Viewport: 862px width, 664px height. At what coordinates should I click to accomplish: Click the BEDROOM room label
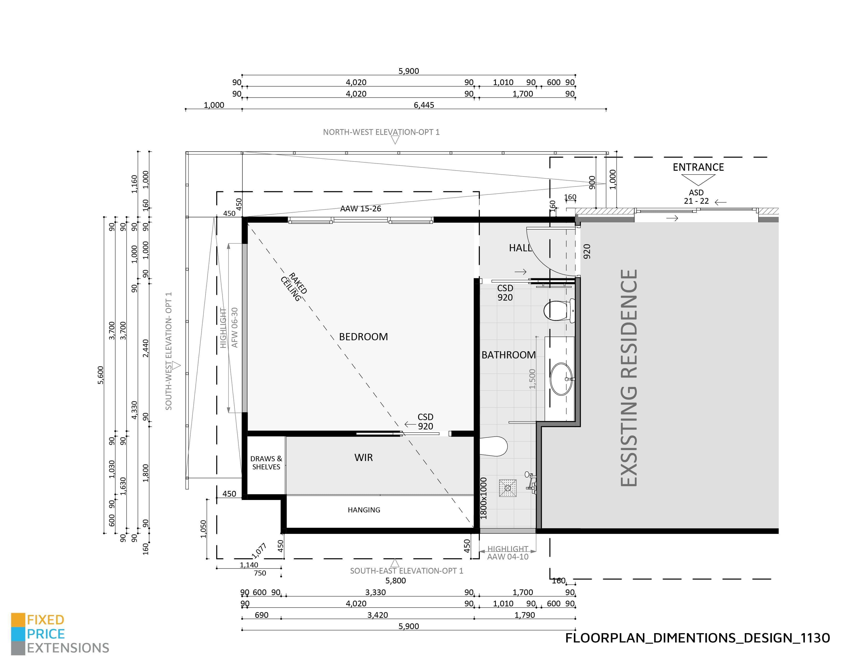363,337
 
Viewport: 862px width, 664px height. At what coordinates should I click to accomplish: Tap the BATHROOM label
508,355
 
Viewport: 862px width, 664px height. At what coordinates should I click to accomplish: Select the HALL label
520,248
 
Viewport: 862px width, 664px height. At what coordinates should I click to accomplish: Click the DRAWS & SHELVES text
266,463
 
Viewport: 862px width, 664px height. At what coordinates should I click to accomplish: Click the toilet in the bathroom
559,311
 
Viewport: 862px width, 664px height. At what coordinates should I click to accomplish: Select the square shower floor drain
507,488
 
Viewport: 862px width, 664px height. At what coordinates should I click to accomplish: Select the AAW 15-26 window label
361,209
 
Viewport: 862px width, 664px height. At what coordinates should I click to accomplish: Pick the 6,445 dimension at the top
424,105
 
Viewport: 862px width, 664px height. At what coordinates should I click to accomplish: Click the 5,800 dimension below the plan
395,581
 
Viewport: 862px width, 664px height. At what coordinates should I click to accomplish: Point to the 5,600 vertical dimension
101,375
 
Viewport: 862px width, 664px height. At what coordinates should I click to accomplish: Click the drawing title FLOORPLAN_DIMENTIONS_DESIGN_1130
697,638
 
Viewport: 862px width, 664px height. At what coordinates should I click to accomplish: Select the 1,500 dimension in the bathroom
532,379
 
